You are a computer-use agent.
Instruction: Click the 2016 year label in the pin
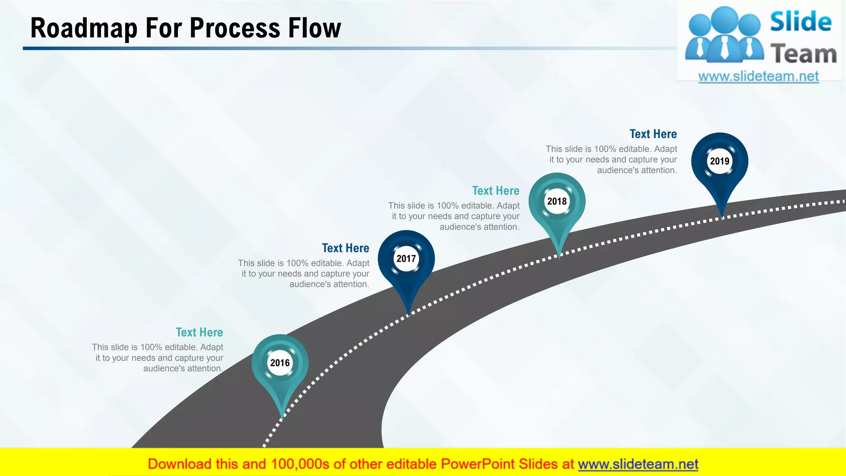click(x=280, y=363)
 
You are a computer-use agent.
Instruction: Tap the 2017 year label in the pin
click(x=406, y=259)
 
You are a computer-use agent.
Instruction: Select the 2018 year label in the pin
click(x=557, y=201)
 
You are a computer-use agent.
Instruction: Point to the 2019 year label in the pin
click(x=720, y=161)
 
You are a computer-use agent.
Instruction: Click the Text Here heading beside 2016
click(x=199, y=332)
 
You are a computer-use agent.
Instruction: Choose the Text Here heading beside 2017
click(x=345, y=248)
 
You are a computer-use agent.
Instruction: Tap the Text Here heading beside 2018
click(x=496, y=190)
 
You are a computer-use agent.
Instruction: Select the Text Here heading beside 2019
click(x=653, y=134)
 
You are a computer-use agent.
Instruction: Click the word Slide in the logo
click(x=801, y=22)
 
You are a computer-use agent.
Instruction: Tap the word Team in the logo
click(x=803, y=54)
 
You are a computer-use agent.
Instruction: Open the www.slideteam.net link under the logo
click(x=758, y=76)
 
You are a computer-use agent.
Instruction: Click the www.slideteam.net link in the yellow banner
click(x=638, y=464)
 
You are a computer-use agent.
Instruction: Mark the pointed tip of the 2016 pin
click(x=282, y=418)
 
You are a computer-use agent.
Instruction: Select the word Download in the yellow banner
click(x=179, y=464)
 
